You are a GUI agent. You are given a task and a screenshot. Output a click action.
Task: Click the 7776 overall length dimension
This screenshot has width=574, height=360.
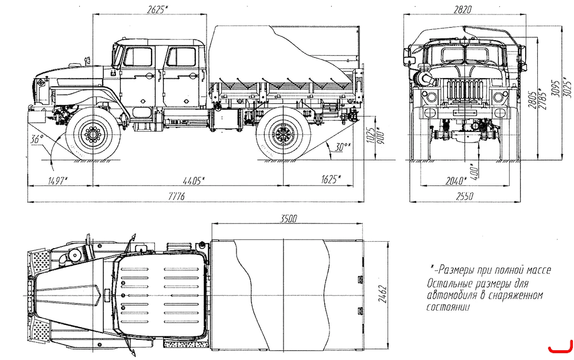[x=176, y=197]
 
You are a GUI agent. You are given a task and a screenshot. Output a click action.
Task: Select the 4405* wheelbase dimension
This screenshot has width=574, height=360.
[x=193, y=180]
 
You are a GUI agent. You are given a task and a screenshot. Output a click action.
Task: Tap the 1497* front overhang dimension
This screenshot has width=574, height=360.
[x=58, y=180]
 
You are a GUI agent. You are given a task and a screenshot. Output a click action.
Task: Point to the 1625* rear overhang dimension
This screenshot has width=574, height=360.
[x=331, y=179]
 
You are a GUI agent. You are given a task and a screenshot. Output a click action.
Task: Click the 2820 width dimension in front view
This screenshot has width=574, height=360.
[x=462, y=10]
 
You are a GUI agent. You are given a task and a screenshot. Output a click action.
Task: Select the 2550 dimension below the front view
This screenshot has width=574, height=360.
[x=464, y=196]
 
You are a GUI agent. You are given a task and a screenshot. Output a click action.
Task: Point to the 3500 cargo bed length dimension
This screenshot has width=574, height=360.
[x=288, y=219]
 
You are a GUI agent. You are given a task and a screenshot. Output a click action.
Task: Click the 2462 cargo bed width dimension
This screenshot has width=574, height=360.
[x=382, y=294]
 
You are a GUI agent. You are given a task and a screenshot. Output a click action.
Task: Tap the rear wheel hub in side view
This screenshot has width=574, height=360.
[x=283, y=134]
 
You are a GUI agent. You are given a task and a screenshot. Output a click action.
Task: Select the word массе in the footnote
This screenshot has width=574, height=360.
[x=538, y=270]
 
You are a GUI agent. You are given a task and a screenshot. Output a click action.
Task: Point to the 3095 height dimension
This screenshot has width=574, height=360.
[x=555, y=88]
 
